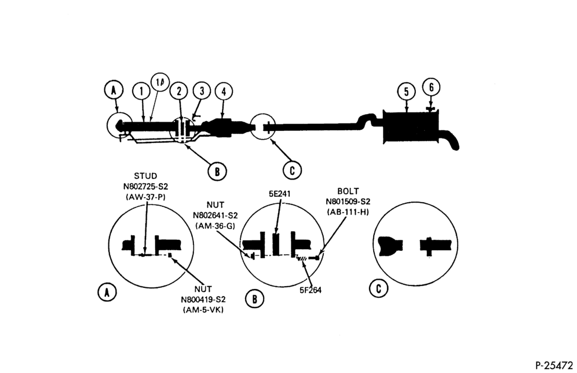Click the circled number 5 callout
point(406,92)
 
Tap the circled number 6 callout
point(431,87)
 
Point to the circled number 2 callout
point(179,92)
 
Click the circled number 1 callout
point(142,92)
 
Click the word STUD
point(145,176)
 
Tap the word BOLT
point(348,191)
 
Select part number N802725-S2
point(145,186)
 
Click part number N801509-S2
point(348,202)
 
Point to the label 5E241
point(279,193)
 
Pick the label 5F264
point(310,290)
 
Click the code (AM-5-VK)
point(203,310)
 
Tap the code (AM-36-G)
point(216,226)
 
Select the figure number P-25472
point(554,365)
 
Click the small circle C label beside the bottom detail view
point(379,288)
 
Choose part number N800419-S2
point(203,299)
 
